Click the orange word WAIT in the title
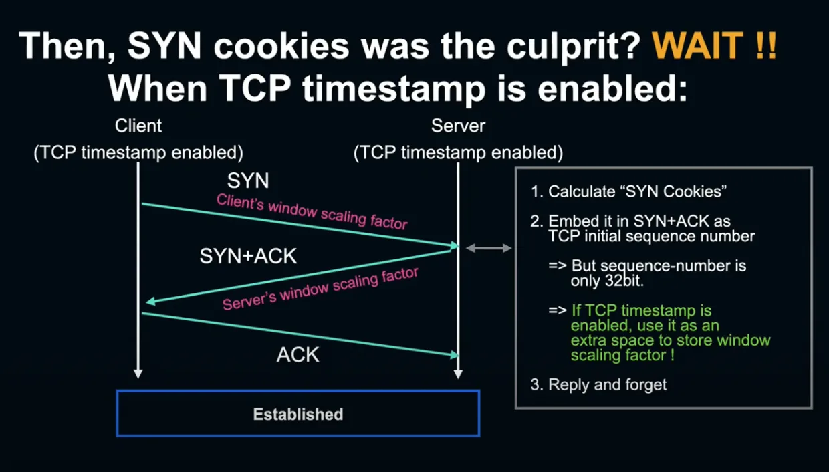697,45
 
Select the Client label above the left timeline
138,126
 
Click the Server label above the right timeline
458,126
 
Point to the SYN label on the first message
248,181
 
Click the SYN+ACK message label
248,256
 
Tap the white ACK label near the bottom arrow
298,354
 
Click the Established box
298,413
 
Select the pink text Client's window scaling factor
312,212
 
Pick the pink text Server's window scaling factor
320,289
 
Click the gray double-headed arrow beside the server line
489,248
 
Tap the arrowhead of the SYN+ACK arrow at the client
150,301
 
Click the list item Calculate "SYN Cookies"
628,191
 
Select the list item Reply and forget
598,384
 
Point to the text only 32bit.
607,281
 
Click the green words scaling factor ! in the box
622,356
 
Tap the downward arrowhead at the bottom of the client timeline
138,374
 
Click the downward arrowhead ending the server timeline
458,374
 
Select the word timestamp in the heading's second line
394,89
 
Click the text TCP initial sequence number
651,236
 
